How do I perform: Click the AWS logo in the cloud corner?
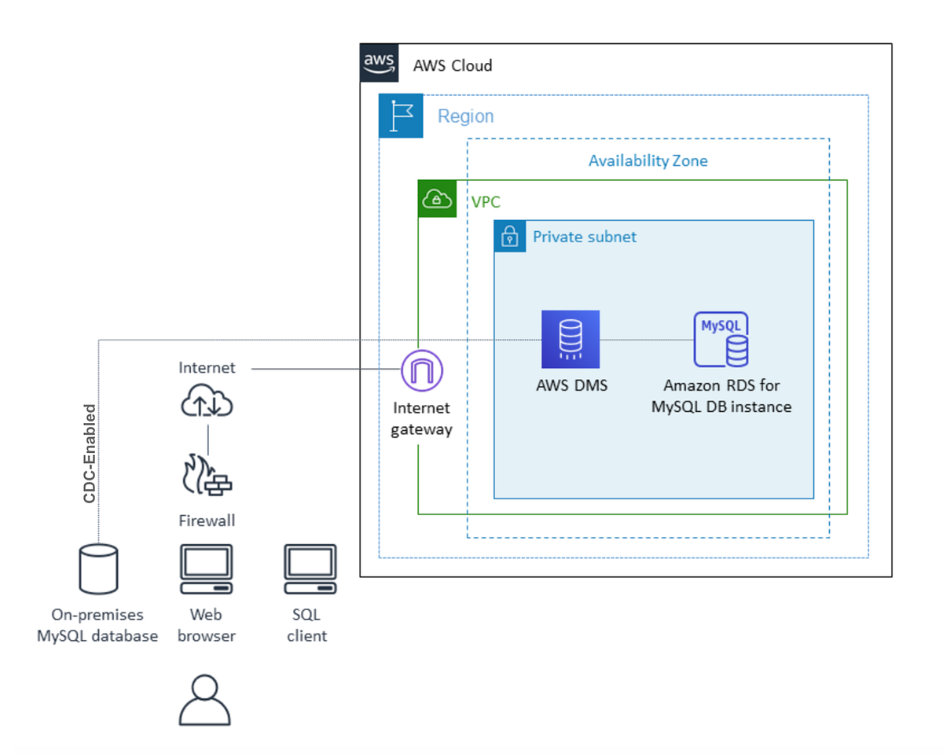[379, 63]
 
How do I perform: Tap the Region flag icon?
[401, 116]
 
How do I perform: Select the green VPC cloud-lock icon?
[437, 199]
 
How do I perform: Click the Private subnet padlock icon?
[510, 237]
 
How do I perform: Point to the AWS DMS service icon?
[571, 340]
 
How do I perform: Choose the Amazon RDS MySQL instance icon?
[721, 340]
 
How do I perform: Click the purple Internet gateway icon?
[422, 370]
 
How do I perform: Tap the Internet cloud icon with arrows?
[207, 399]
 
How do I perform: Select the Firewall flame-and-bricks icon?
[207, 475]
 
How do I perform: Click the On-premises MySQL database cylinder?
[98, 569]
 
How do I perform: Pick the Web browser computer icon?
[207, 569]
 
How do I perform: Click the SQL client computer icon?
[310, 569]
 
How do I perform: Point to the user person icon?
[204, 700]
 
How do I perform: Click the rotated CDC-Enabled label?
[90, 454]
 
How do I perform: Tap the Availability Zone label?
[648, 161]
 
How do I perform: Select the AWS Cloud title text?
[453, 66]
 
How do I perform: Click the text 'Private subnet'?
[585, 237]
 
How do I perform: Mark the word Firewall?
[207, 520]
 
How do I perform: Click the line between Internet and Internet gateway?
[326, 369]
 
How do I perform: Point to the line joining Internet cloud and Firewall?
[207, 440]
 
